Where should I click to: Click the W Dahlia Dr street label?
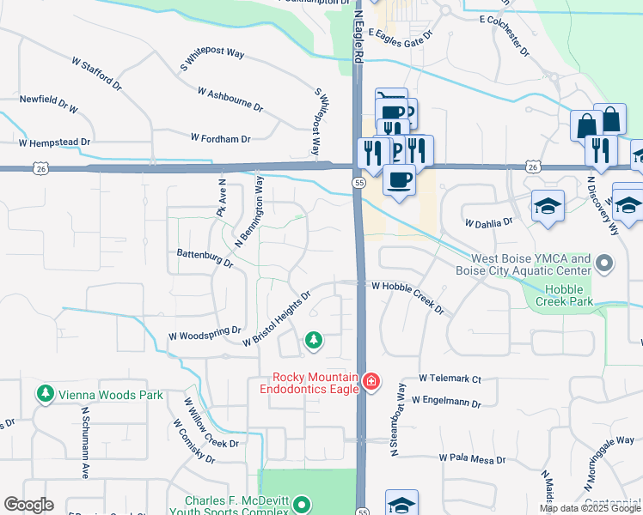point(488,222)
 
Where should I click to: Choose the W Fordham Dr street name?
point(220,138)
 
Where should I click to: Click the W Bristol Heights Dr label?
point(275,318)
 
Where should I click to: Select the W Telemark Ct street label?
point(450,378)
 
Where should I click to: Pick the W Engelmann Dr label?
point(447,401)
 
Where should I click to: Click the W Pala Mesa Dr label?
point(472,459)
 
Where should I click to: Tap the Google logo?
point(28,504)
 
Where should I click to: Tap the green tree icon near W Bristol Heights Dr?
point(314,341)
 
